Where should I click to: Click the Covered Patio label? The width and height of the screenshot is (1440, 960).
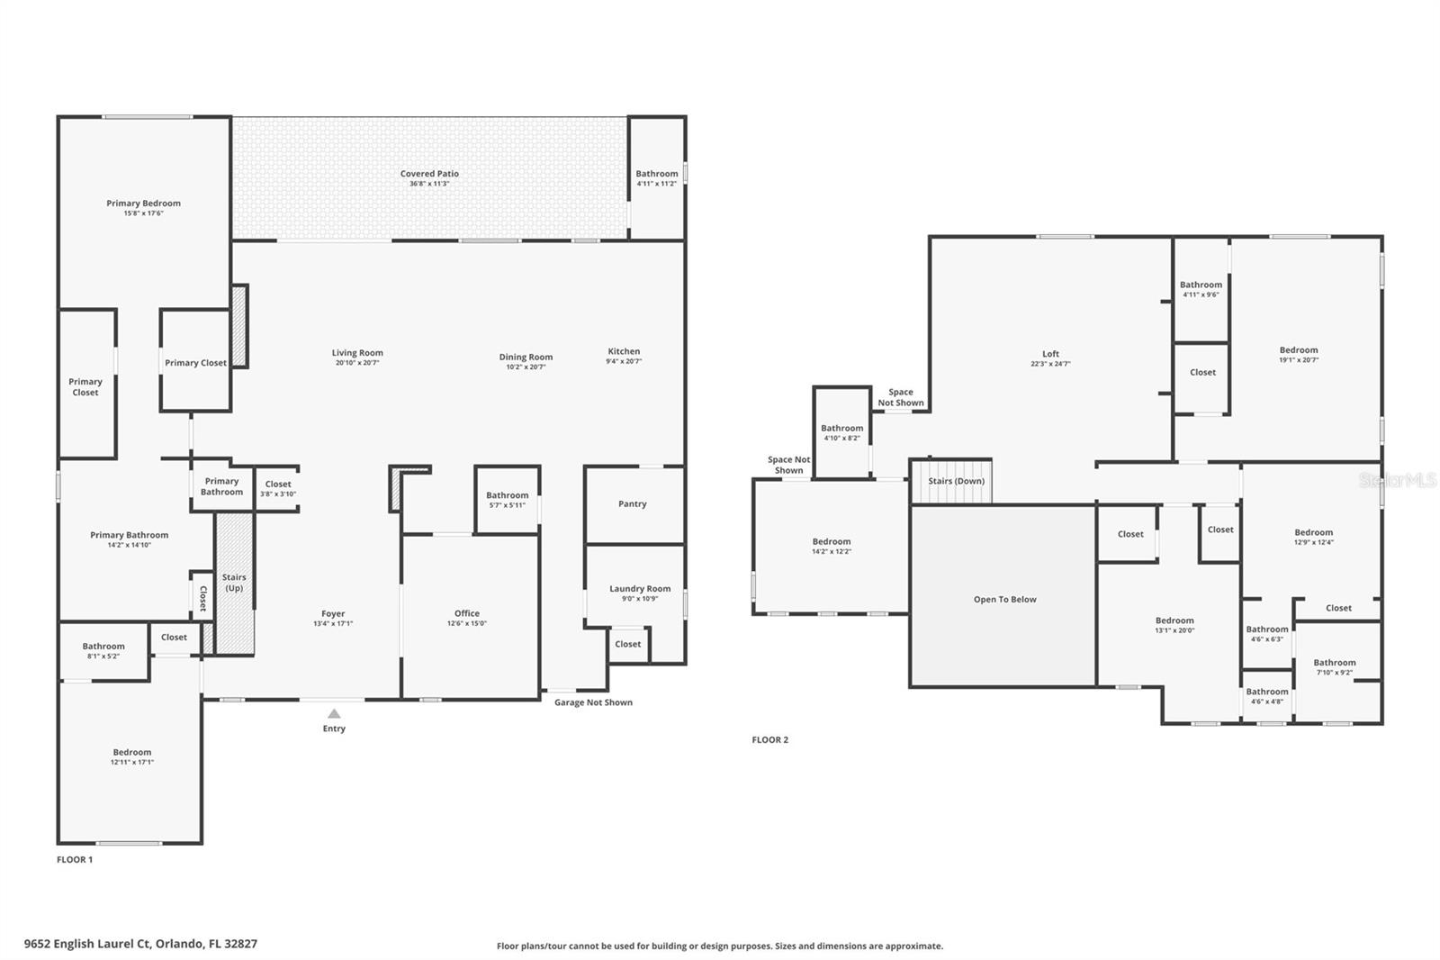[429, 174]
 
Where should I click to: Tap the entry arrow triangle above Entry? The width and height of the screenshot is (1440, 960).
[334, 713]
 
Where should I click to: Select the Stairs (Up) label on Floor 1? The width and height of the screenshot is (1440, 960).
[234, 583]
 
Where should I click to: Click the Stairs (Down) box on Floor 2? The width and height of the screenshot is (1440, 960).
[956, 481]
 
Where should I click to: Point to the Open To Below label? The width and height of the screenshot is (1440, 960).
[1004, 599]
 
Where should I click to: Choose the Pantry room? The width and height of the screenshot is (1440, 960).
[633, 503]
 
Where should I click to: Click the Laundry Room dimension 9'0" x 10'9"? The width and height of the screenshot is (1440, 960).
[640, 599]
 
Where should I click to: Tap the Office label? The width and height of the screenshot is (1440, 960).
[466, 613]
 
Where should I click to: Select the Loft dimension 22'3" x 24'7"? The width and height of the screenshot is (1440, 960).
[1050, 364]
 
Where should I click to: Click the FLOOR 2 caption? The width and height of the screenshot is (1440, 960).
[769, 739]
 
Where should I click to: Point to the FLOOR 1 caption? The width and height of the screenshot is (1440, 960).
[75, 859]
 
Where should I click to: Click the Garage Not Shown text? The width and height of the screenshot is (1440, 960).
[593, 702]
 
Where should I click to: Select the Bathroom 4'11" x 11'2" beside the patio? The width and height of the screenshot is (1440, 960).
[657, 178]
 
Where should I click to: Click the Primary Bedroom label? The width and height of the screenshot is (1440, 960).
[143, 204]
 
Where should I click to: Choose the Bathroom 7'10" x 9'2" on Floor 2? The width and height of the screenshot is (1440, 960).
[1334, 666]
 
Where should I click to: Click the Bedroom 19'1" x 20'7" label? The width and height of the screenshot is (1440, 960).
[1298, 350]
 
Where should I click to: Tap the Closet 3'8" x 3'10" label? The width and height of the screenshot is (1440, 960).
[278, 489]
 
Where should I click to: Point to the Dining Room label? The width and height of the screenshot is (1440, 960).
[526, 357]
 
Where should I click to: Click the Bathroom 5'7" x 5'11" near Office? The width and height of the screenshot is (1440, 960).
[508, 500]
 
